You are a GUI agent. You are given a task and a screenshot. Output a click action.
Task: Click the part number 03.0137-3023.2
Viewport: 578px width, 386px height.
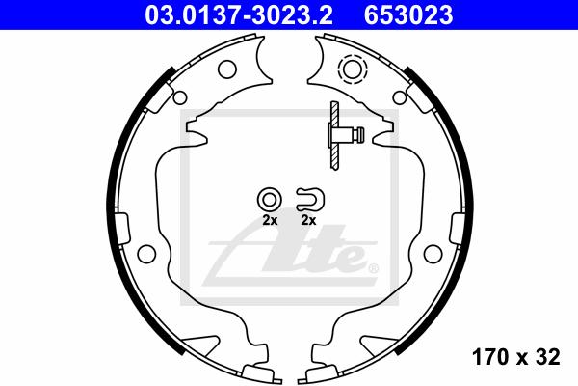[239, 15]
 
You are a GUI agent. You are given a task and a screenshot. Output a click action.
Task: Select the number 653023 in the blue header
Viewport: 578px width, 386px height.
[408, 15]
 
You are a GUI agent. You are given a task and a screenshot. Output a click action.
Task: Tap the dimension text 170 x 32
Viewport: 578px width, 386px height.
[516, 357]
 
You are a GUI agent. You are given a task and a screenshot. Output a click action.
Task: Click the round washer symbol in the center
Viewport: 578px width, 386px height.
[270, 200]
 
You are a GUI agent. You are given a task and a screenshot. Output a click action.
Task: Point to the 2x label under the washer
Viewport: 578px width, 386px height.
[270, 221]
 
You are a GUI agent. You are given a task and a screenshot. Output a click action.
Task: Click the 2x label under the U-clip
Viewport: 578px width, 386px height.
[309, 221]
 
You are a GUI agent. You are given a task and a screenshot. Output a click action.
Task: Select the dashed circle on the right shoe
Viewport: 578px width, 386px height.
[353, 69]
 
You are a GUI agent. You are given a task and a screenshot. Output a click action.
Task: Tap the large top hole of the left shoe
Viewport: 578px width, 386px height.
[227, 69]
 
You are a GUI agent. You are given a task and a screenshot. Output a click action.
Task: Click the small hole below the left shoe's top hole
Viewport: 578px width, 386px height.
[179, 97]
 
